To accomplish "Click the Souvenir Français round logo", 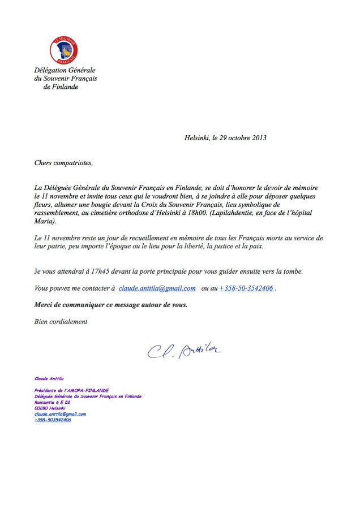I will (x=64, y=50).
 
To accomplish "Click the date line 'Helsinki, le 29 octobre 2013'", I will (x=225, y=137).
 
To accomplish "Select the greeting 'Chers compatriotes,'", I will (x=63, y=163).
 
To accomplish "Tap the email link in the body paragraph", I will (x=157, y=288).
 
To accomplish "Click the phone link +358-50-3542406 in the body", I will (x=246, y=288).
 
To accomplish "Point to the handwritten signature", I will (x=184, y=351).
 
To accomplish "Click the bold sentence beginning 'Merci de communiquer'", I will (x=110, y=304).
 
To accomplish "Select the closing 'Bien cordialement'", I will (x=61, y=321).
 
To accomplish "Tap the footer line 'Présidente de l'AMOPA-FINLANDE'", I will (x=71, y=391).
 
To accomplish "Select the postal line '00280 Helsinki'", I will (x=50, y=408).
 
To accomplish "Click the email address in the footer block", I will (x=60, y=414).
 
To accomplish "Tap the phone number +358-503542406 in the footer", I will (x=53, y=420).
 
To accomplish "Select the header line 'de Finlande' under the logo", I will (x=61, y=87).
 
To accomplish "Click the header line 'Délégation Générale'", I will (x=65, y=70).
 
